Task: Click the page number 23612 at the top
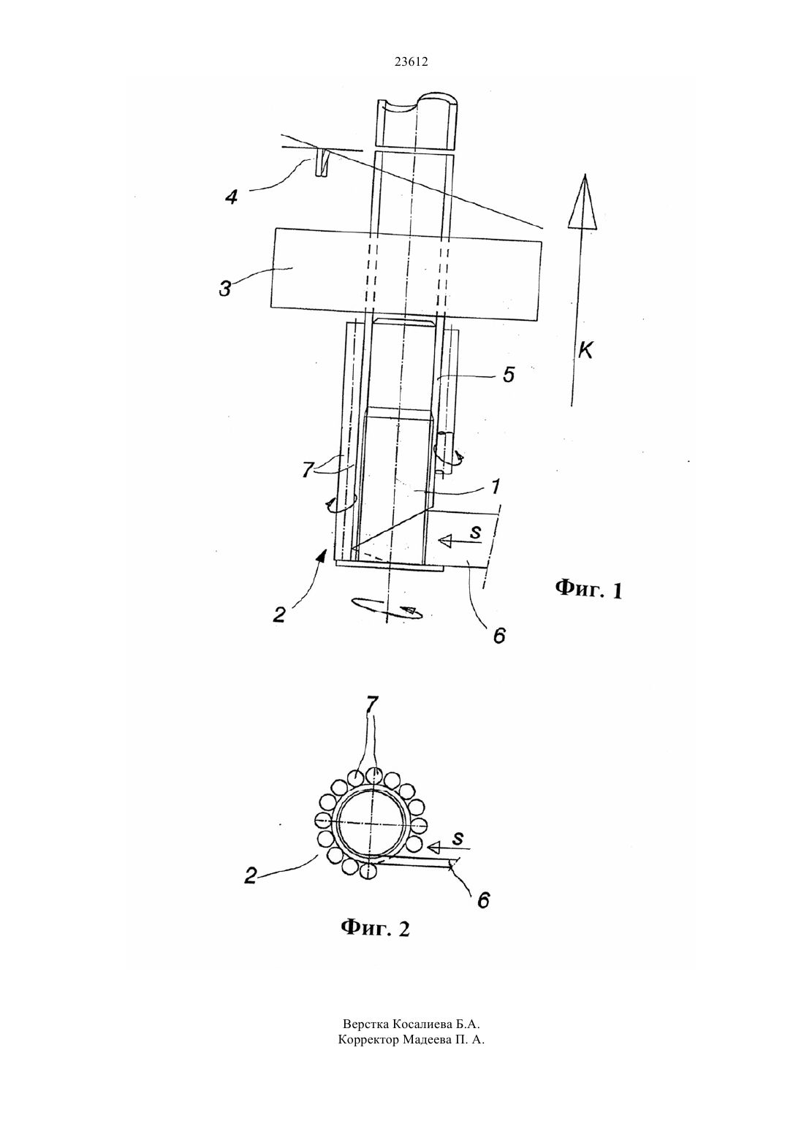pyautogui.click(x=411, y=62)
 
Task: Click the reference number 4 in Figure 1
pyautogui.click(x=232, y=197)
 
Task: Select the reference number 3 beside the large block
pyautogui.click(x=225, y=288)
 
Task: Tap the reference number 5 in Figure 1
pyautogui.click(x=508, y=374)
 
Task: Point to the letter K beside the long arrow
pyautogui.click(x=585, y=350)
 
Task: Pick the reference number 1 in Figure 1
pyautogui.click(x=496, y=486)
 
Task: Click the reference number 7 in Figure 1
pyautogui.click(x=308, y=470)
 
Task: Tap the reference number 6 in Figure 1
pyautogui.click(x=499, y=635)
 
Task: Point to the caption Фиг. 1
pyautogui.click(x=588, y=589)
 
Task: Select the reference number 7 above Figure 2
pyautogui.click(x=371, y=704)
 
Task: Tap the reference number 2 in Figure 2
pyautogui.click(x=251, y=875)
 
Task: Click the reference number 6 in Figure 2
pyautogui.click(x=483, y=900)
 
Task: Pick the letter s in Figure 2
pyautogui.click(x=458, y=838)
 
